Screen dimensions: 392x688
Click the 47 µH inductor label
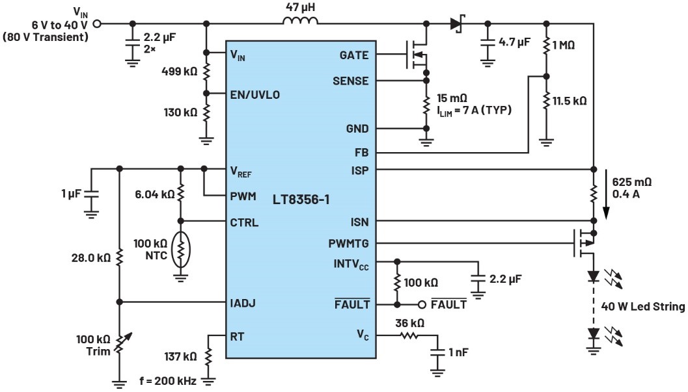(301, 8)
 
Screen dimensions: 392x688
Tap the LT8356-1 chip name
(300, 200)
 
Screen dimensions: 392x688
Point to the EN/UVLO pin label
(255, 94)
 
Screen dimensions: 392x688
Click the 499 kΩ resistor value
(179, 72)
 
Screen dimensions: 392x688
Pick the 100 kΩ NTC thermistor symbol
(182, 249)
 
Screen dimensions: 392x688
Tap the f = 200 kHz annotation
(168, 380)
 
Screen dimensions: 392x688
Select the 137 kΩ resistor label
(180, 356)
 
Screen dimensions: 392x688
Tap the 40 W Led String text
(642, 307)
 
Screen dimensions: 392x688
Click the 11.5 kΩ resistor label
(570, 101)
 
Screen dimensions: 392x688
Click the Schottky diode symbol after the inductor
(456, 25)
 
